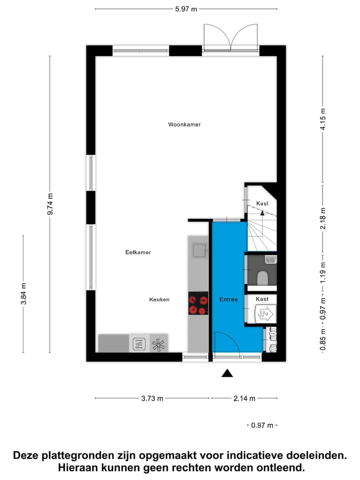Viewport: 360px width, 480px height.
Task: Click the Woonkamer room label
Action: [184, 124]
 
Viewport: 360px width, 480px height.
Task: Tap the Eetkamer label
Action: [138, 252]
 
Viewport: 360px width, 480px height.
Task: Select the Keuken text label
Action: [159, 299]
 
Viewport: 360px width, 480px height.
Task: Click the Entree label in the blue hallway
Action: [228, 299]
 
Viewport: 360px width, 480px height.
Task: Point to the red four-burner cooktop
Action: [198, 303]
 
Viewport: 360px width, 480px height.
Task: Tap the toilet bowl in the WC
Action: [262, 277]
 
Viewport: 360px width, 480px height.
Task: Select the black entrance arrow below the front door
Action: [227, 372]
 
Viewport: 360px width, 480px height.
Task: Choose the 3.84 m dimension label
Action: [23, 294]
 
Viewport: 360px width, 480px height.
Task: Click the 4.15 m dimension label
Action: [323, 119]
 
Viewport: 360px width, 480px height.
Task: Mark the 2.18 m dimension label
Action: [323, 219]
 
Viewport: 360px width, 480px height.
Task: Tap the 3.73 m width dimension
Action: [152, 398]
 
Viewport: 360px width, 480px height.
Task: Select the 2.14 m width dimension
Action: [244, 398]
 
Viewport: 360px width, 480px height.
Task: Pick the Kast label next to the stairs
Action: [262, 203]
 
